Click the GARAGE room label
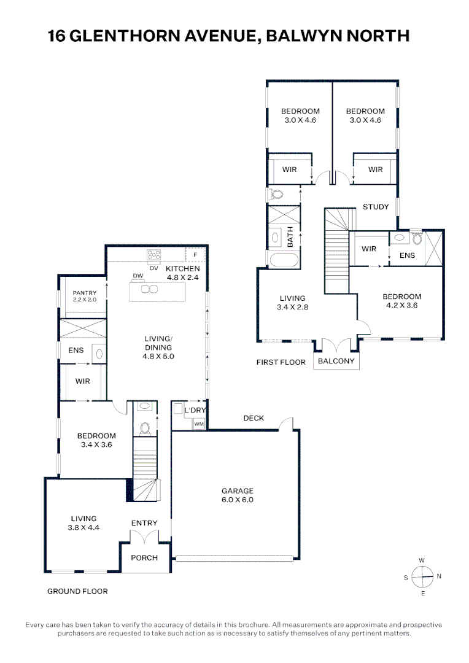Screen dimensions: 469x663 tap(237, 491)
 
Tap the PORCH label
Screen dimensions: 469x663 tap(144, 557)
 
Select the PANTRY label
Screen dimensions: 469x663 tap(85, 293)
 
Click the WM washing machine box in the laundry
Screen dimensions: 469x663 tap(199, 424)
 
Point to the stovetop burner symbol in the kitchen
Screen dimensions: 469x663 tap(153, 255)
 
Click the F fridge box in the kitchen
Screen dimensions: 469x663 tap(195, 255)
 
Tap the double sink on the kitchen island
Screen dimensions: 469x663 tap(149, 289)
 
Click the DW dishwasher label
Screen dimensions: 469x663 tap(138, 276)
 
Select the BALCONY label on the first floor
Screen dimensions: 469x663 tap(336, 361)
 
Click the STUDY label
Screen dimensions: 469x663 tap(376, 207)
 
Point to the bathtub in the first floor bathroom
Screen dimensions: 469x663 tap(284, 259)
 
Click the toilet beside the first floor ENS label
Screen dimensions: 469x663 tap(417, 239)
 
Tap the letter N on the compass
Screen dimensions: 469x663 tap(439, 576)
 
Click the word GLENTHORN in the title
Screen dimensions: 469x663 tap(125, 36)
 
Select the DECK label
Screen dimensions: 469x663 tap(254, 418)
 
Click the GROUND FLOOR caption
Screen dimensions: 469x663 tap(77, 591)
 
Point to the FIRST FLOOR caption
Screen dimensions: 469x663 tap(281, 362)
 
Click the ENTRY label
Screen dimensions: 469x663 tap(144, 523)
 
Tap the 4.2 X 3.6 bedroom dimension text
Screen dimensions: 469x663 tap(401, 305)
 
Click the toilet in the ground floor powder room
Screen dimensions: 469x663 tap(145, 428)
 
